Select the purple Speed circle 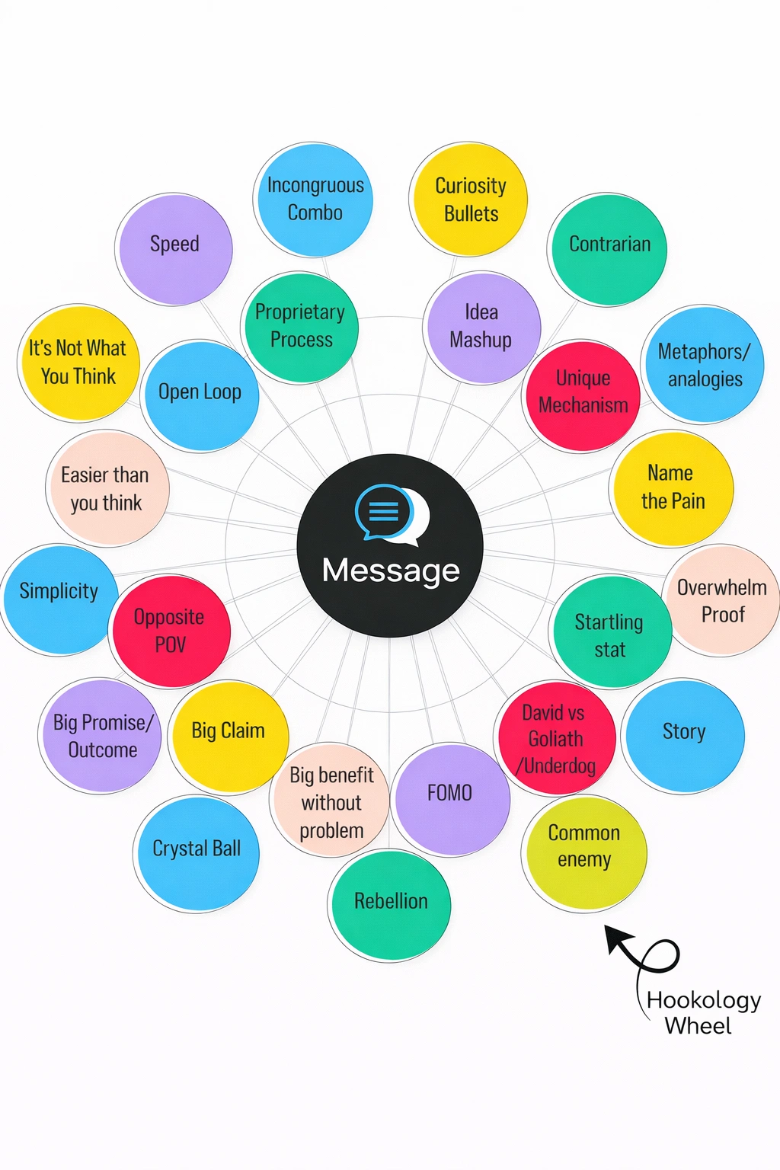click(x=174, y=248)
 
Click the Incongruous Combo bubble click(x=315, y=200)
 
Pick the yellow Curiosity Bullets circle click(x=470, y=200)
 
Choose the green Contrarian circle click(x=609, y=248)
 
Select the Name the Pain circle click(x=672, y=487)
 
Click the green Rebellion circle click(x=390, y=905)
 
